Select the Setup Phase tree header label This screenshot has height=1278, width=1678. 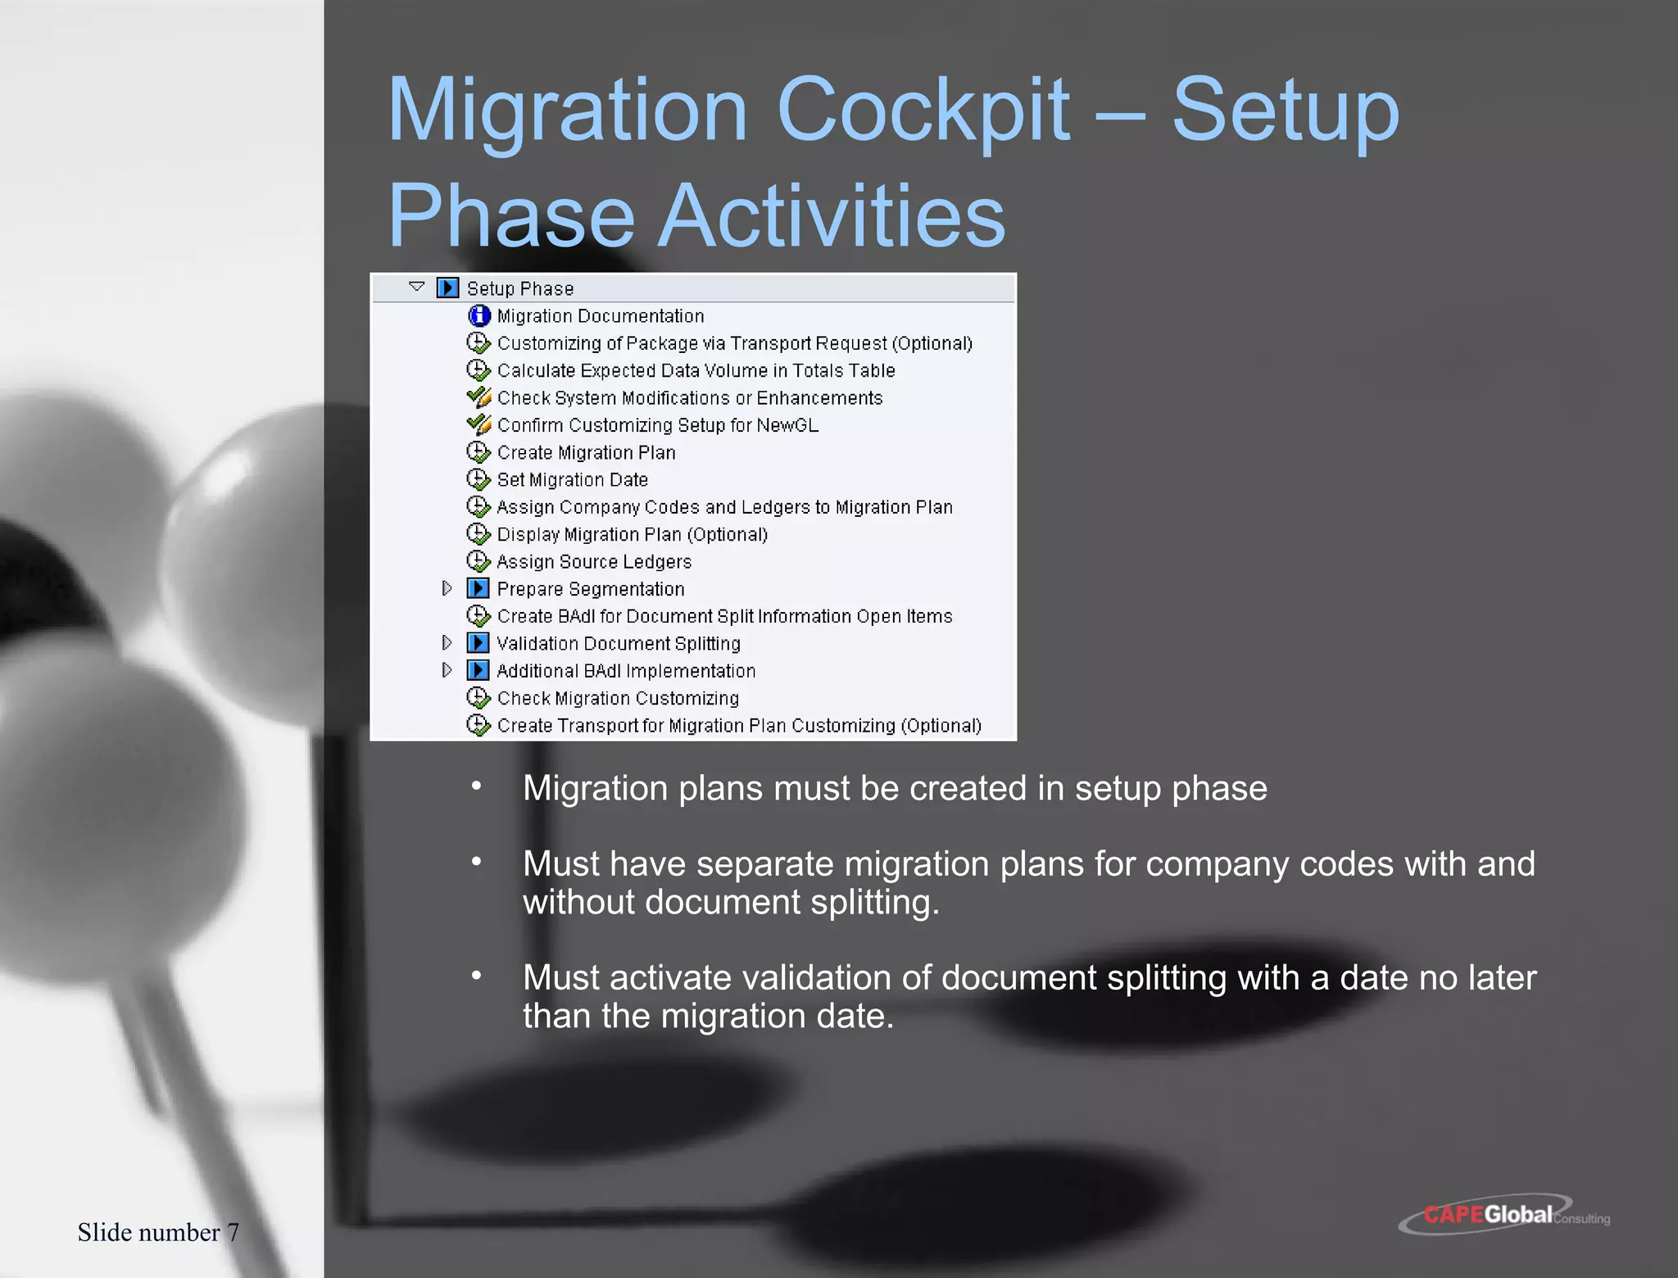tap(519, 288)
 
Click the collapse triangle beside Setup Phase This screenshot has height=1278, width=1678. tap(416, 288)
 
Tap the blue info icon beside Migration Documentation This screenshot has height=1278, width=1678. tap(479, 315)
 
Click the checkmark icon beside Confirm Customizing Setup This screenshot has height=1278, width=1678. tap(478, 424)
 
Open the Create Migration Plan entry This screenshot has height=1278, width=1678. tap(586, 452)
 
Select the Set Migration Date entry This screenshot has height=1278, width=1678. tap(572, 479)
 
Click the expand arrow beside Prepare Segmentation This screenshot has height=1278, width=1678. tap(447, 588)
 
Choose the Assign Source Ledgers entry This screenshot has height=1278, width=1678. tap(594, 561)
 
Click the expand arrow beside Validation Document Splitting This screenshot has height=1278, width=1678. tap(447, 643)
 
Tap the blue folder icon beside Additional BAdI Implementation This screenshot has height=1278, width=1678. tap(478, 670)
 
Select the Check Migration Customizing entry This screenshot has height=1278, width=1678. tap(618, 698)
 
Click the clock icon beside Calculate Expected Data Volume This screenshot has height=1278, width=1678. tap(478, 370)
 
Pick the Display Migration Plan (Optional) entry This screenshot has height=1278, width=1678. tap(632, 534)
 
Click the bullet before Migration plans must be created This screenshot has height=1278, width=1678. tap(476, 786)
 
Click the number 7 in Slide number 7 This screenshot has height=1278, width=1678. tap(233, 1232)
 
